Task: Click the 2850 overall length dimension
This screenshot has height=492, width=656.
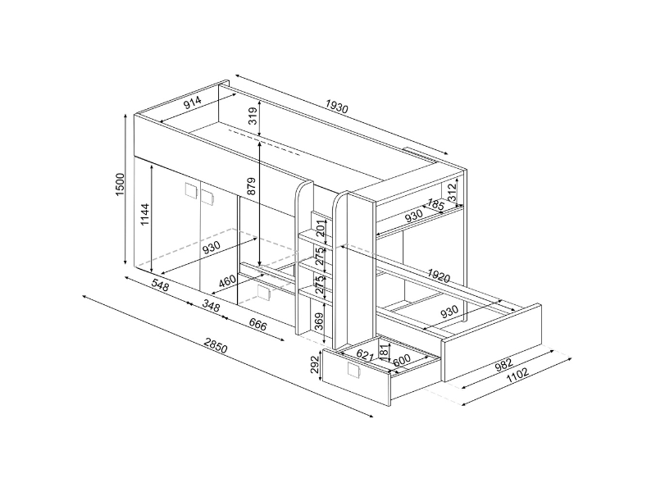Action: pyautogui.click(x=216, y=343)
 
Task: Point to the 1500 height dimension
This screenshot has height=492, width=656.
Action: pyautogui.click(x=120, y=184)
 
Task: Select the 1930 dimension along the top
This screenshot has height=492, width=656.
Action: pyautogui.click(x=336, y=107)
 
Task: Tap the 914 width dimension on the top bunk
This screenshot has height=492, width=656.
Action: pyautogui.click(x=193, y=102)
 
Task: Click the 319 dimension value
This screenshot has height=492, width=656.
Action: pyautogui.click(x=253, y=116)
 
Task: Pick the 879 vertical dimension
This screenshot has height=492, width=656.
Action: pyautogui.click(x=251, y=186)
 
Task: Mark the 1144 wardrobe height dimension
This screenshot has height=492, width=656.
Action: pyautogui.click(x=145, y=214)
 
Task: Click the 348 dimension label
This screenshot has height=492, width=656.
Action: pyautogui.click(x=211, y=306)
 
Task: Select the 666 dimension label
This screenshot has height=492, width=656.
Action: pyautogui.click(x=257, y=324)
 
